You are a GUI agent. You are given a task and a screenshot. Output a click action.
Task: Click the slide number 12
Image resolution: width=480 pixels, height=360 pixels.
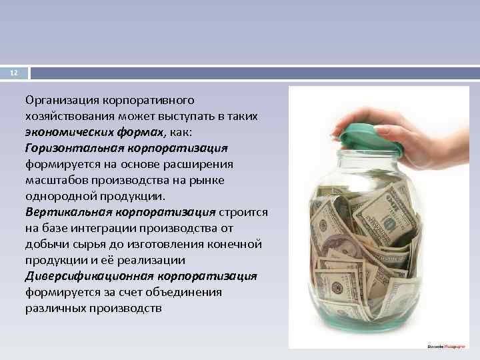pyautogui.click(x=13, y=73)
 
